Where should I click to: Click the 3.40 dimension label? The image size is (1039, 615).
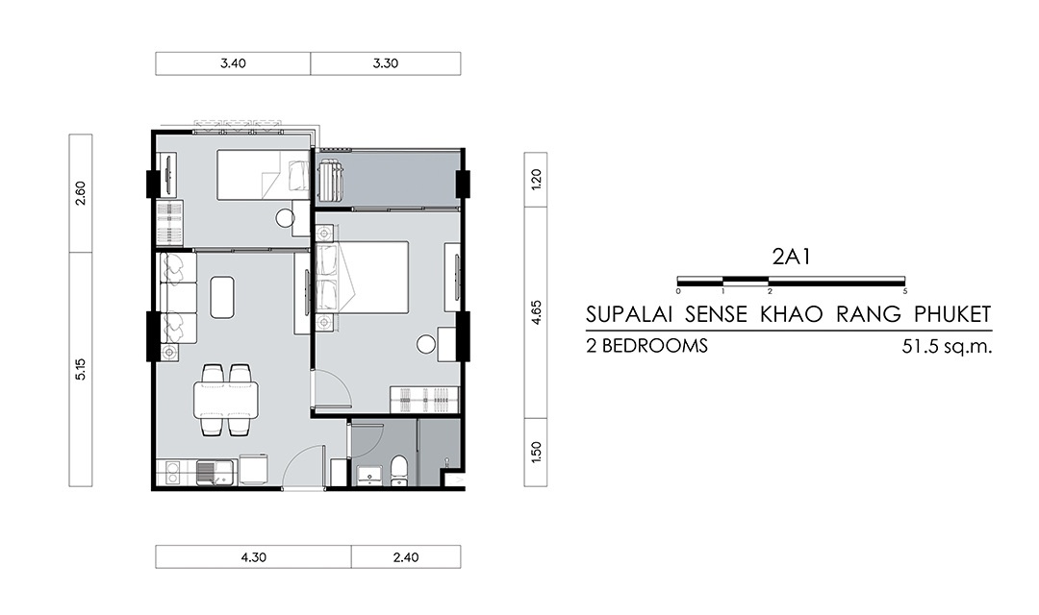click(233, 63)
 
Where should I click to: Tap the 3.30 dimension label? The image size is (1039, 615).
click(386, 63)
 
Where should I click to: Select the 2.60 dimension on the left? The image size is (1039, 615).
click(81, 193)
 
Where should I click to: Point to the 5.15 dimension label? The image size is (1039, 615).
click(81, 369)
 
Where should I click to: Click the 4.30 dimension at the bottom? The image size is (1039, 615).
click(254, 557)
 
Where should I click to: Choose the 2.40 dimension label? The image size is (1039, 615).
click(406, 557)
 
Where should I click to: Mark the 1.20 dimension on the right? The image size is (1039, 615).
click(537, 180)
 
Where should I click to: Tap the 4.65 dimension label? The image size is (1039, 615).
click(537, 311)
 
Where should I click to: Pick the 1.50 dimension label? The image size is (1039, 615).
click(537, 453)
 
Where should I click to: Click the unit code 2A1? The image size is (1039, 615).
click(791, 257)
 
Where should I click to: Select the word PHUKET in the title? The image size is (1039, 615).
click(952, 314)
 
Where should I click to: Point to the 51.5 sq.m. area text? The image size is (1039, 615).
click(947, 346)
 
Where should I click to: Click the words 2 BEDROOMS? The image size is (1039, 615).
click(646, 346)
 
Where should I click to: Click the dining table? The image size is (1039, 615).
click(226, 401)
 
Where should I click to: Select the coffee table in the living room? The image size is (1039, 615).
click(222, 297)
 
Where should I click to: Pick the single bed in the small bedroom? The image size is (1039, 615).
click(264, 174)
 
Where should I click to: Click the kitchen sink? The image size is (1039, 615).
click(215, 473)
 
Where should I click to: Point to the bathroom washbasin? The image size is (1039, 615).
click(369, 474)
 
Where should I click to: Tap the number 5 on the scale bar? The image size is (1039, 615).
click(905, 291)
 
